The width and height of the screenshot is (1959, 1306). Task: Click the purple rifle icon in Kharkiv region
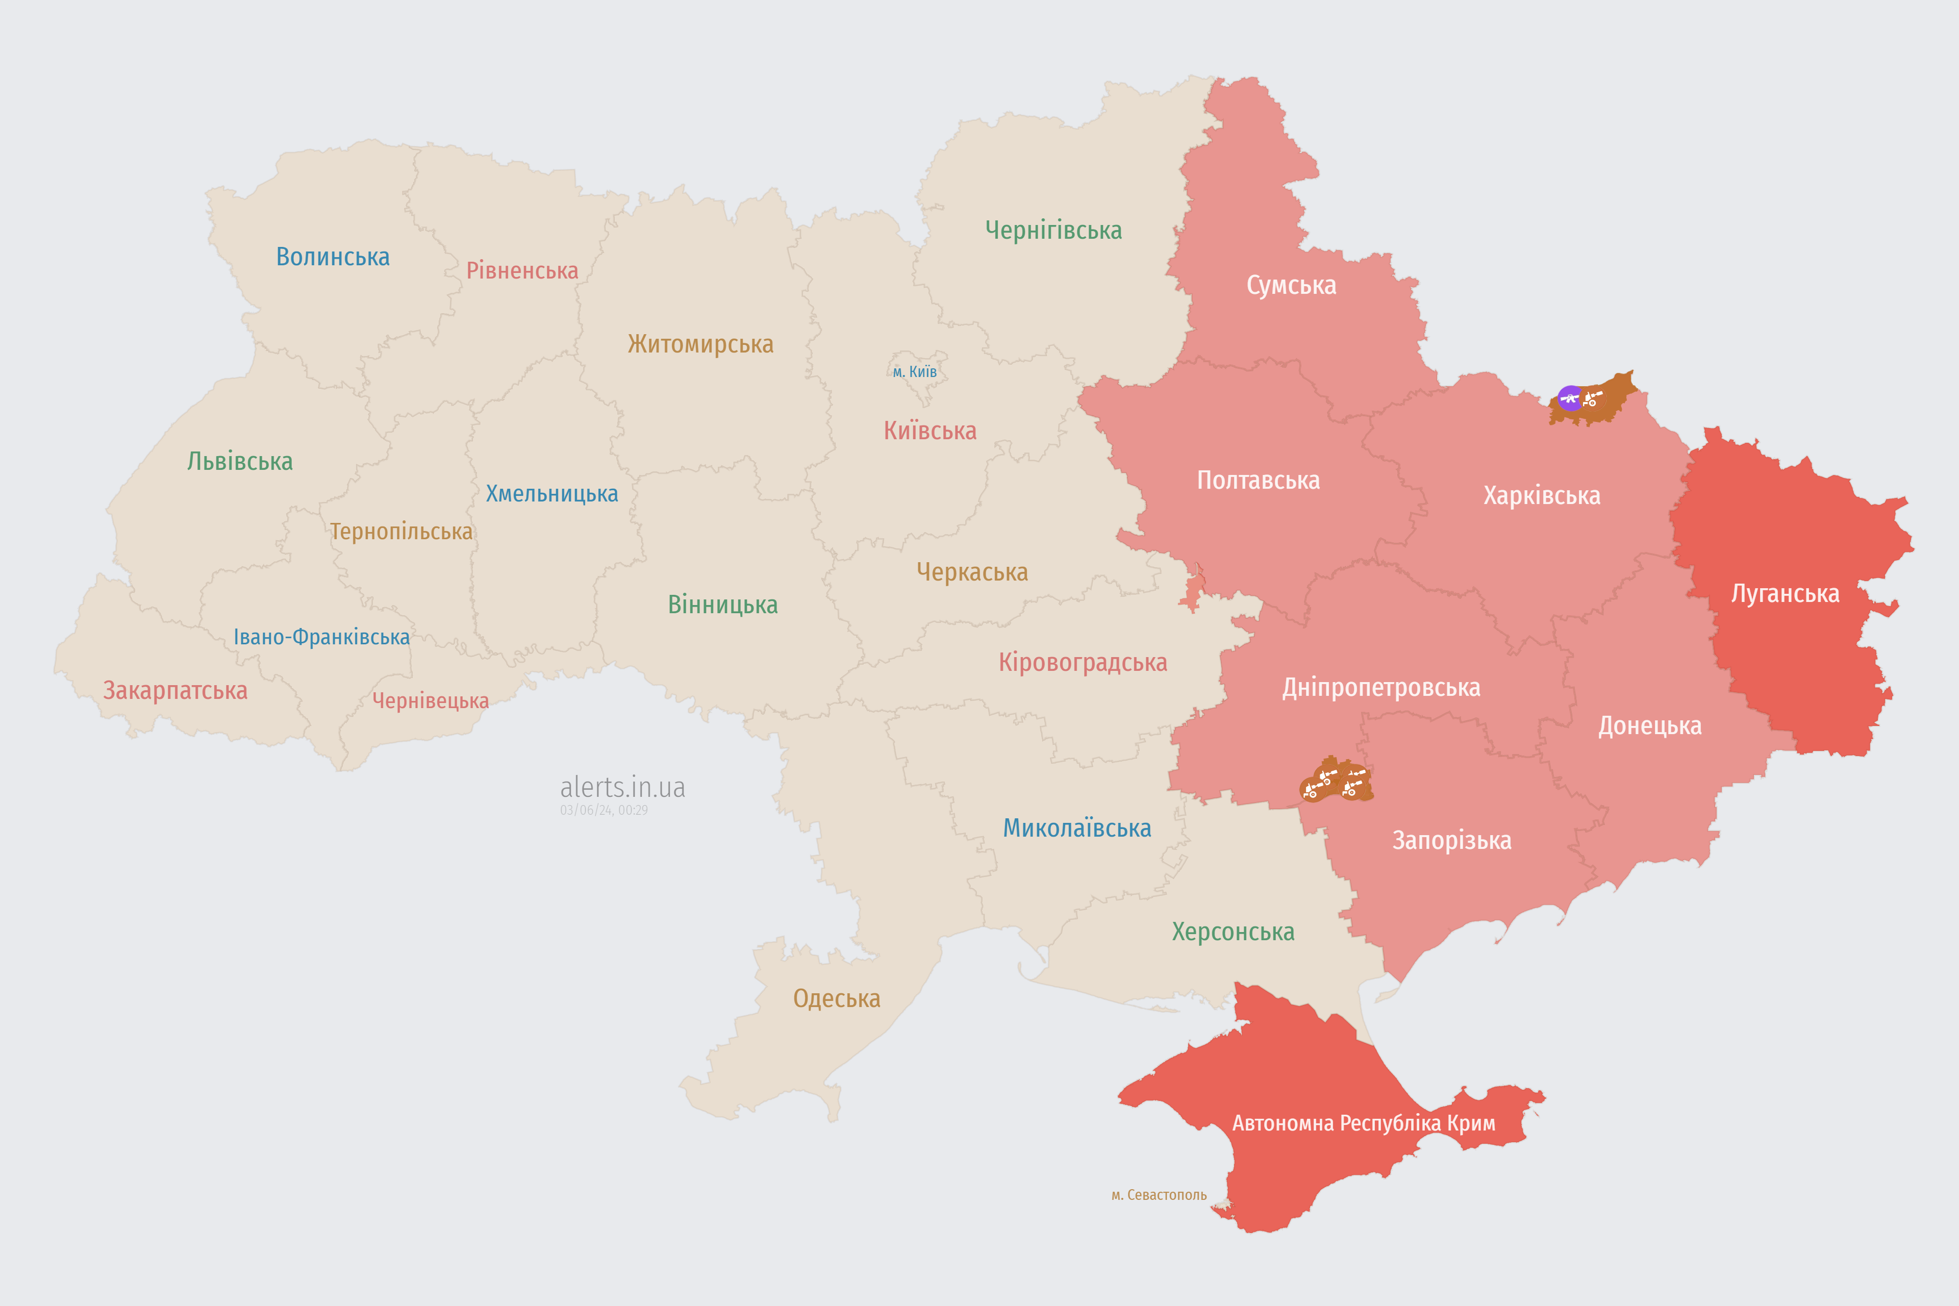1570,398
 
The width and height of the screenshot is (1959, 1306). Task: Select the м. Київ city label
915,371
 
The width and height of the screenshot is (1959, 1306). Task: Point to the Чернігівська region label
1053,230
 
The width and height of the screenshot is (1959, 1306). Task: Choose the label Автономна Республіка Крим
1364,1123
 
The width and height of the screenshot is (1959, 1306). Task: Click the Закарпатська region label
175,690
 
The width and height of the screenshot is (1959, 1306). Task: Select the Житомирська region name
700,343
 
